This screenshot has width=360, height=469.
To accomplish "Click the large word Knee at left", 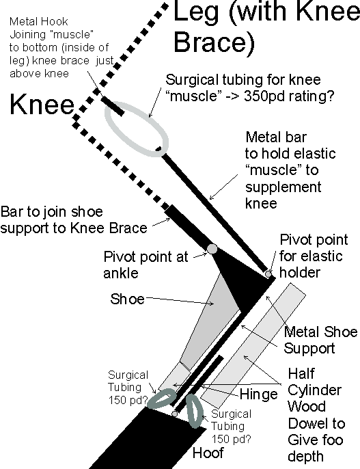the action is pos(42,105).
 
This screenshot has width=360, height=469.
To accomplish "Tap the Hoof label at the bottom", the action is pos(208,453).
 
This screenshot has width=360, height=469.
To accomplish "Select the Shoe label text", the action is pos(127,299).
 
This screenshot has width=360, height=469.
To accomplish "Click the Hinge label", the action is pos(258,394).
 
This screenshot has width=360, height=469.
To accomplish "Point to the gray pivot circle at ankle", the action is pos(212,249).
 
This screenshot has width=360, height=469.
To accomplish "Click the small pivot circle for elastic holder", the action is pos(268,274).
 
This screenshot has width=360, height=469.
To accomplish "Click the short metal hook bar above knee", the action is pos(112,106).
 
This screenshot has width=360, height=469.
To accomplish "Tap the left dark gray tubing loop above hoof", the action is pos(161,397).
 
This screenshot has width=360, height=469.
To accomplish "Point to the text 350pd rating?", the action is pos(289,96).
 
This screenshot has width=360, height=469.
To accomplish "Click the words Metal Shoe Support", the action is pos(320,340).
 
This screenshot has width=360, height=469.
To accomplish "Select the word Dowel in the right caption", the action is pos(316,423).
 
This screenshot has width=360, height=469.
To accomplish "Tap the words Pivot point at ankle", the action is pos(146,265).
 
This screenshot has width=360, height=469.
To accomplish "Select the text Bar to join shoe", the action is pos(52,212).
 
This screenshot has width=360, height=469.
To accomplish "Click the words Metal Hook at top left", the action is pos(38,22).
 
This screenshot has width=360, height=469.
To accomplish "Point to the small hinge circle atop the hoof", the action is pos(175,414).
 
